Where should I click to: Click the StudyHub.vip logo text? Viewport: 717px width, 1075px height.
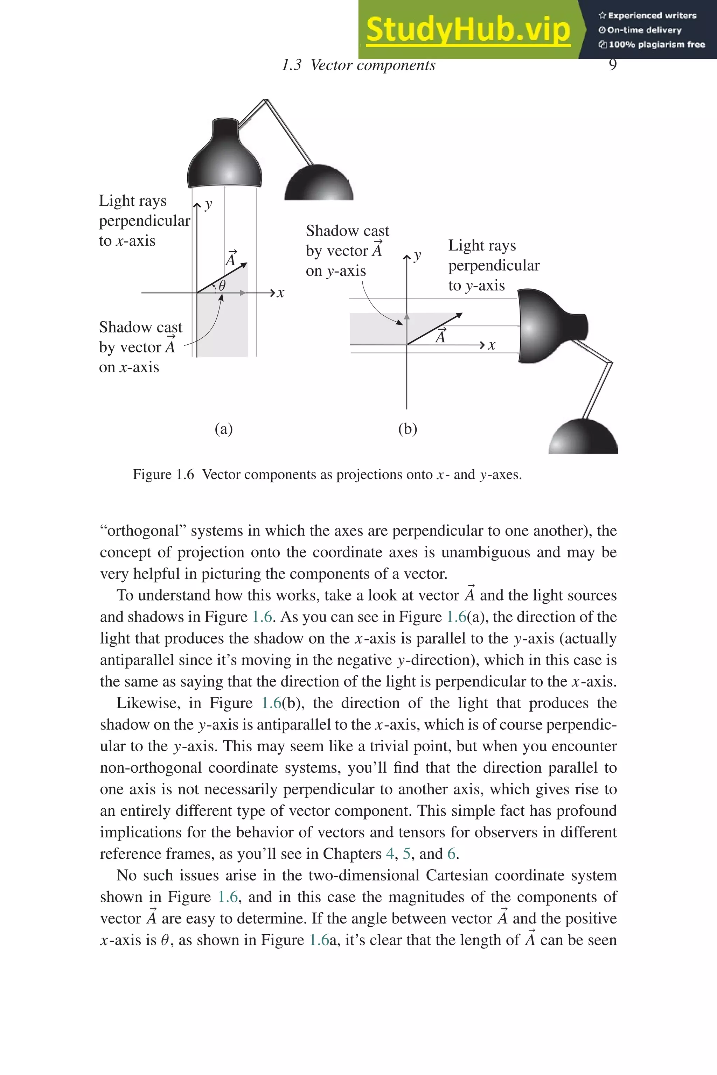[468, 29]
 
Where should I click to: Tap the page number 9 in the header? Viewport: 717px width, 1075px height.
[613, 65]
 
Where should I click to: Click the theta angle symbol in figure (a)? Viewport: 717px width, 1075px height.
[222, 286]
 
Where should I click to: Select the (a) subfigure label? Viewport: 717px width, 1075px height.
[224, 429]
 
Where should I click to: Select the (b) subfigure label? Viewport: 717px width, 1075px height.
[408, 429]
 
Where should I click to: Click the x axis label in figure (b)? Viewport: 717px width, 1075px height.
[492, 345]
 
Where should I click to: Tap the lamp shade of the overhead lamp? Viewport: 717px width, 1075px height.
[225, 158]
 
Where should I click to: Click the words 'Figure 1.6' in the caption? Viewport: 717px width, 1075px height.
[163, 475]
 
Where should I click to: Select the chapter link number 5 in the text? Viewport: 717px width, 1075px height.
[406, 853]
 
